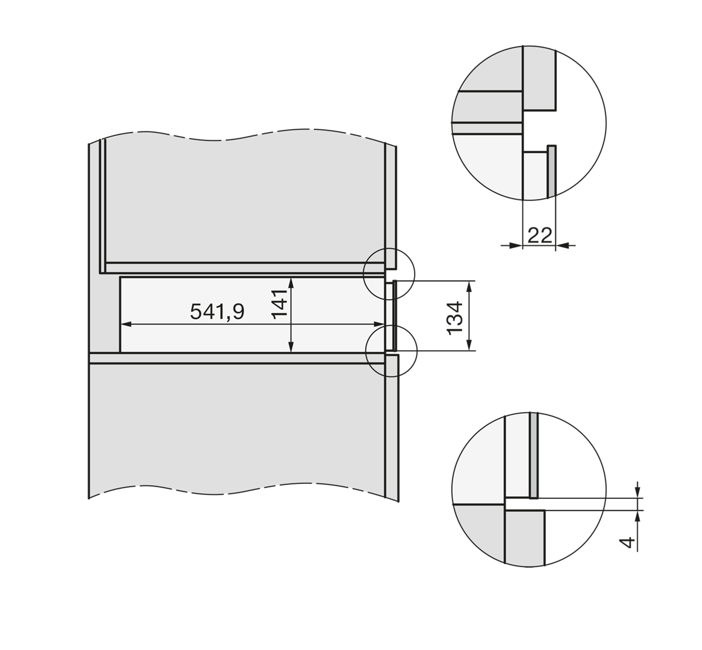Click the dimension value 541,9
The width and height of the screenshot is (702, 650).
click(x=217, y=311)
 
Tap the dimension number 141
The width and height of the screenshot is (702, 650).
click(x=280, y=304)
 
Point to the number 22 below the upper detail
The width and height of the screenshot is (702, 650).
click(x=540, y=235)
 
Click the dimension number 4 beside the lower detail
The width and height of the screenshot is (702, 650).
click(x=627, y=543)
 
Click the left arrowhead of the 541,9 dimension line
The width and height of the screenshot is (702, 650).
click(x=126, y=325)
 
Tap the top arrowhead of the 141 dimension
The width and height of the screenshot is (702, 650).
click(x=291, y=282)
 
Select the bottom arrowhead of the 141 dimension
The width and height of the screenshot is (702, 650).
click(x=291, y=348)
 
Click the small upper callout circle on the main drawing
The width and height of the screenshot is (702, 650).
click(x=388, y=273)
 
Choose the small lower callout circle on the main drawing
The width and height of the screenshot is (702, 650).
click(x=391, y=351)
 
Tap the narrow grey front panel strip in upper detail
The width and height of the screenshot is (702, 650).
click(x=551, y=170)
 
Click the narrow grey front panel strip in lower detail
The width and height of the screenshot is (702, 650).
click(x=534, y=455)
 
